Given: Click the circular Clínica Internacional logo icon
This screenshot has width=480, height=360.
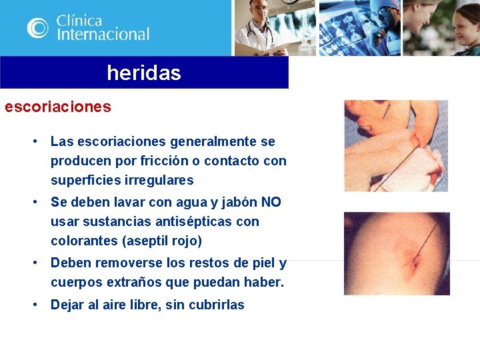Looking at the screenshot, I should (x=37, y=27).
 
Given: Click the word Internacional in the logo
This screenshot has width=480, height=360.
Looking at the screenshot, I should (x=103, y=34).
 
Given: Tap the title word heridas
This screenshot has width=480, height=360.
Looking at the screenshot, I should (x=143, y=73).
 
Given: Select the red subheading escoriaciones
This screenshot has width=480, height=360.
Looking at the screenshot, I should (x=58, y=107).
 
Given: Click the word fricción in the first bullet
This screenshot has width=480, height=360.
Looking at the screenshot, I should (x=164, y=161).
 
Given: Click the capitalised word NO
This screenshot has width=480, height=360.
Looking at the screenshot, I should (x=271, y=202).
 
